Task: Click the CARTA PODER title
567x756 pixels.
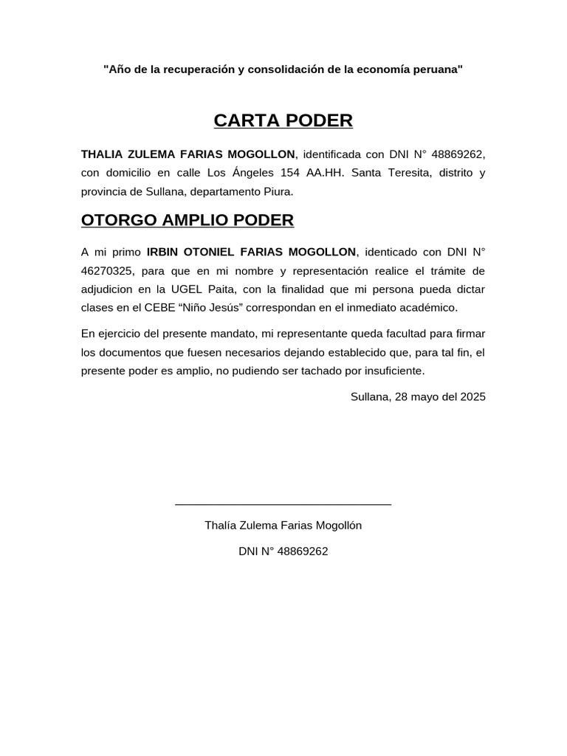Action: [283, 120]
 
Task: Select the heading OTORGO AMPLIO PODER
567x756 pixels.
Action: [187, 220]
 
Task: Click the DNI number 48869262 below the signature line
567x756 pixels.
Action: [302, 551]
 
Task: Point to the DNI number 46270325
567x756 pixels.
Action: [107, 270]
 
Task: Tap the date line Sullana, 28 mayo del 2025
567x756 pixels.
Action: [418, 396]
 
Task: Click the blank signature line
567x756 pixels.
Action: [283, 504]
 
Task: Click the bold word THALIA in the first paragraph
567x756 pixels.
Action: [102, 154]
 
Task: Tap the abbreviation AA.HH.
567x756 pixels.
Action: [323, 173]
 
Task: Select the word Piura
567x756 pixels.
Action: [277, 191]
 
